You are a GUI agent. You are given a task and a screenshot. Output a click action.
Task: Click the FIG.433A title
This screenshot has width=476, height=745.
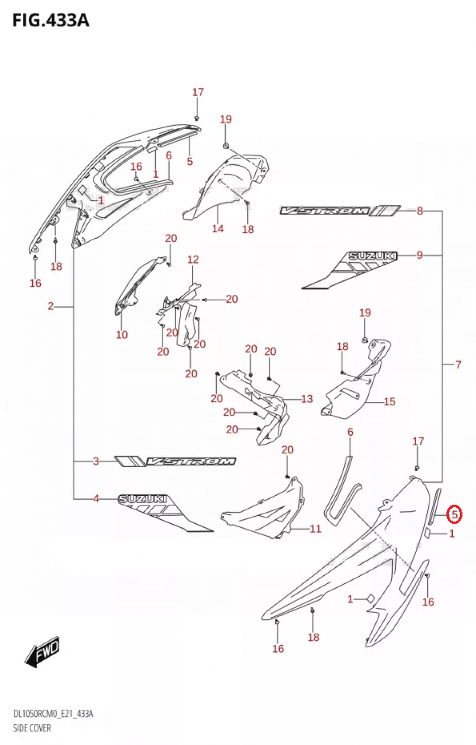[51, 21]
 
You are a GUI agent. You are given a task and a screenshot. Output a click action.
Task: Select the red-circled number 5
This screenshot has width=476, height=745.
[454, 515]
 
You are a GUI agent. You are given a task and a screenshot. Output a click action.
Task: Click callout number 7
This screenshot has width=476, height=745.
[458, 365]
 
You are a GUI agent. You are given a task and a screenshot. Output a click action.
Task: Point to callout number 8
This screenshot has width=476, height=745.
[420, 211]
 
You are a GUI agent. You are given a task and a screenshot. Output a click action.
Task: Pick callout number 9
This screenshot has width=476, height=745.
[420, 255]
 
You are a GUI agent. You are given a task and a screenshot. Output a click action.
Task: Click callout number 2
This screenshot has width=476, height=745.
[51, 306]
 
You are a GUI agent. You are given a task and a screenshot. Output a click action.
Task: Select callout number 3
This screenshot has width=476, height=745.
[96, 461]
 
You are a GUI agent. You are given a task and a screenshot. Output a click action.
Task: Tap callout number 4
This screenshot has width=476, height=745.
[96, 499]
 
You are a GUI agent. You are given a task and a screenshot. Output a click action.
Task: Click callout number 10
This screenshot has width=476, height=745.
[122, 335]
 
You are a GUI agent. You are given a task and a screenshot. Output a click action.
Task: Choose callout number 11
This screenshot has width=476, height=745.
[315, 529]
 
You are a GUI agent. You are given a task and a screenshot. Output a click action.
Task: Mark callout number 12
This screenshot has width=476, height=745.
[193, 260]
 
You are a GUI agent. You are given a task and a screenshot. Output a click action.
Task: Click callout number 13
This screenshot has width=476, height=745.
[307, 399]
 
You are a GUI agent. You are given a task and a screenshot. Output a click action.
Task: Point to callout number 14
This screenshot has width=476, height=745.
[218, 229]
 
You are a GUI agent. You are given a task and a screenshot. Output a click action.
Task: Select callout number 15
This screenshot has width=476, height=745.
[390, 402]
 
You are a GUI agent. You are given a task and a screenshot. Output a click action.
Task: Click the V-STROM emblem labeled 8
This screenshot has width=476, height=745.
[340, 210]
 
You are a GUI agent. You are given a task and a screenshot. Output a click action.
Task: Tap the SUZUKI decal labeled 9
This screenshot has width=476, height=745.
[350, 270]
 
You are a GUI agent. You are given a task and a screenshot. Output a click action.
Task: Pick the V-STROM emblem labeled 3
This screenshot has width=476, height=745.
[175, 461]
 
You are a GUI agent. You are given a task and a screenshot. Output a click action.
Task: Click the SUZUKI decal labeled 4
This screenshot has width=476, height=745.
[165, 513]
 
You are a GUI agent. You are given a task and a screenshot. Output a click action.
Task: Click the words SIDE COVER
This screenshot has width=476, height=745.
[32, 728]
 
